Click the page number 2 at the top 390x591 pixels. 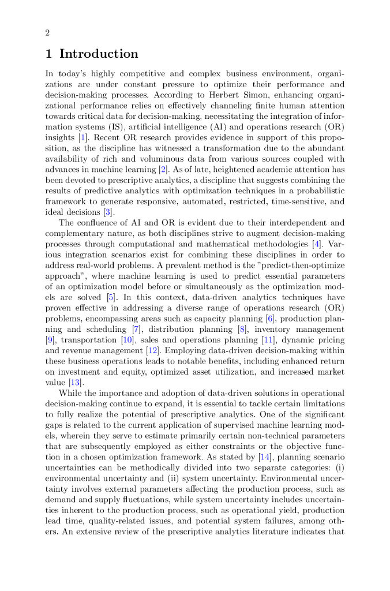[x=47, y=33]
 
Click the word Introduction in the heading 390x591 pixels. [x=99, y=54]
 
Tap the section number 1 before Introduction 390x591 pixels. [x=49, y=54]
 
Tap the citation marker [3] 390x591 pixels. [x=107, y=212]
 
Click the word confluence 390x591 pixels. [x=99, y=223]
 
